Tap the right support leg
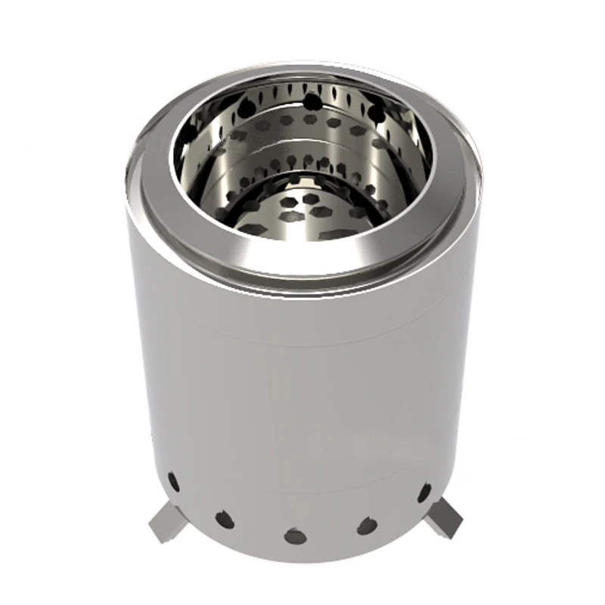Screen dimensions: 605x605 [445, 518]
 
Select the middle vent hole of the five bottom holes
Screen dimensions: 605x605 [295, 536]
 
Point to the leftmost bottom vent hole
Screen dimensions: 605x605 [173, 480]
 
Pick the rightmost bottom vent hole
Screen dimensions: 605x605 [424, 492]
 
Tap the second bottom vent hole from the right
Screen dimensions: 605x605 [368, 525]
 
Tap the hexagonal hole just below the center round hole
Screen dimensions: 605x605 [310, 121]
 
